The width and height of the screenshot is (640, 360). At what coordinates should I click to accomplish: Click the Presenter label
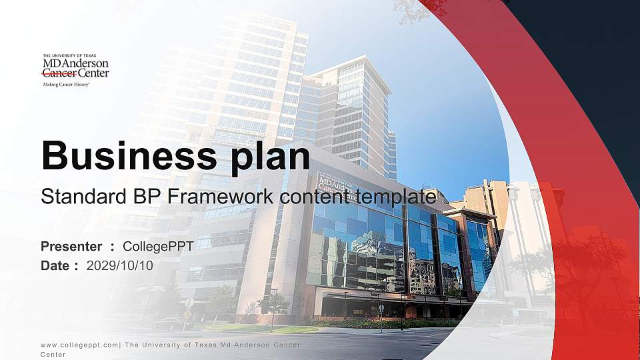point(71,247)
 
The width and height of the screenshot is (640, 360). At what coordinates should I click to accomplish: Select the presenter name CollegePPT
point(158,247)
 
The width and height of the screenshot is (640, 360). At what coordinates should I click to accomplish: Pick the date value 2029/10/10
point(120,265)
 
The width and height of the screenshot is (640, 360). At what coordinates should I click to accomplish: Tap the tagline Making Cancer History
point(66,85)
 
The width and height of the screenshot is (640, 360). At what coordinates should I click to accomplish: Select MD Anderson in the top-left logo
point(75,64)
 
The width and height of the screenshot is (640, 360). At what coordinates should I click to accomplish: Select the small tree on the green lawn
point(273,305)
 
